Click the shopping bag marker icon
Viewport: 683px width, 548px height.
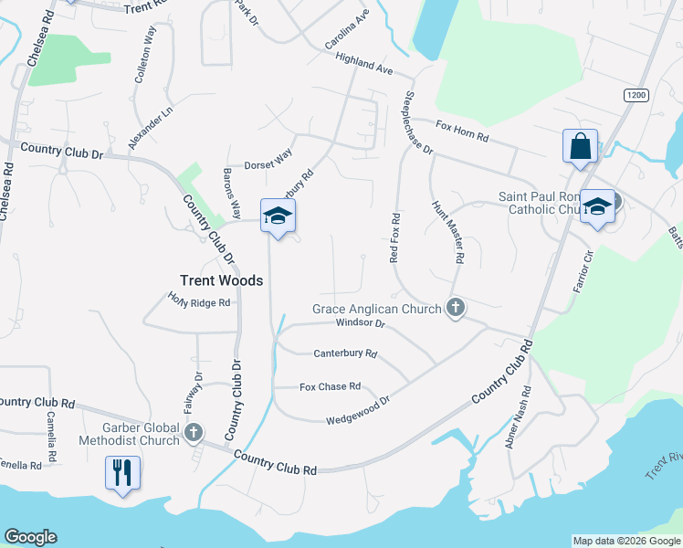580,146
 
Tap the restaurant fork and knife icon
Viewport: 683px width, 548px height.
122,473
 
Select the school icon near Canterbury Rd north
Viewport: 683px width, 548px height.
278,216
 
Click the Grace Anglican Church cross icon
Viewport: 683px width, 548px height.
456,309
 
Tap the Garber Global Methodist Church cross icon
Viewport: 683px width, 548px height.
193,431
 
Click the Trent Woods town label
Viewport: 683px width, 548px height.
221,280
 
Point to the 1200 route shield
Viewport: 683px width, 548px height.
636,95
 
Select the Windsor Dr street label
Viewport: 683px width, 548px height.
362,323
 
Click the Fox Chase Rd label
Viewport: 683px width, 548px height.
331,387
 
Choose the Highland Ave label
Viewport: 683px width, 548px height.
363,63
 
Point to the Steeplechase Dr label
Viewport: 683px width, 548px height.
418,121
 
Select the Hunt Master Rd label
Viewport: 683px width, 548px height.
448,232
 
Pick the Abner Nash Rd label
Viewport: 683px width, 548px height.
518,416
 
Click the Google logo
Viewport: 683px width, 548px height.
30,537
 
